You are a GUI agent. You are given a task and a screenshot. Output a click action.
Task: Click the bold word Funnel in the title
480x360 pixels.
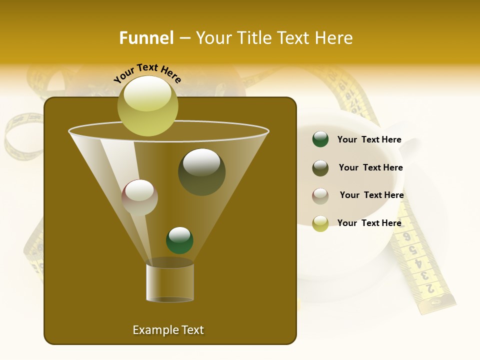146,38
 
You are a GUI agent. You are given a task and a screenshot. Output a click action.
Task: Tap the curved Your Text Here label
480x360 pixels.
147,73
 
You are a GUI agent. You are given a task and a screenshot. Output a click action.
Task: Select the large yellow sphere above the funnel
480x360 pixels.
147,105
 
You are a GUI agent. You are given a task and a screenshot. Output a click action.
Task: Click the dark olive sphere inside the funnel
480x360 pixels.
201,172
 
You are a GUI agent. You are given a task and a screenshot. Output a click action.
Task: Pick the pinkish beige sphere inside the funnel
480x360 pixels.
139,197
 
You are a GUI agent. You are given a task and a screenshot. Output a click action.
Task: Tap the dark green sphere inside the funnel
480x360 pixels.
179,240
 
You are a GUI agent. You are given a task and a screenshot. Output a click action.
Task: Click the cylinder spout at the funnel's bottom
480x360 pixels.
170,281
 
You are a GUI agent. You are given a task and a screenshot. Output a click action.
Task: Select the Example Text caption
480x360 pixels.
168,330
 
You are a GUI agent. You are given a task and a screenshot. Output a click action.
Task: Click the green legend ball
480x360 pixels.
320,139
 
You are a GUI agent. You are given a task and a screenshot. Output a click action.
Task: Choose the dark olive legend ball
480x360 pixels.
320,168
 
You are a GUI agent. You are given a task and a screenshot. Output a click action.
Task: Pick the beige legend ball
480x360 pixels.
320,196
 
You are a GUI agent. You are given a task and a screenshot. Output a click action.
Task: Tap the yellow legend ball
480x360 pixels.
320,223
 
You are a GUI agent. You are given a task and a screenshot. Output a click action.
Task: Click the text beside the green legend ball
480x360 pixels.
369,140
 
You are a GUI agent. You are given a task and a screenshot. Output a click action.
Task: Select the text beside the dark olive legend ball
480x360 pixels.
370,168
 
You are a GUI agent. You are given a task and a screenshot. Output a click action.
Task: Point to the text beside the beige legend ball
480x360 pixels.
371,195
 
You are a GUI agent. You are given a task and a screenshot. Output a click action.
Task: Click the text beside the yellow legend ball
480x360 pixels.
369,223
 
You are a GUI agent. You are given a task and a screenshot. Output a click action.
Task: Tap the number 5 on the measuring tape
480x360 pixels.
413,249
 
